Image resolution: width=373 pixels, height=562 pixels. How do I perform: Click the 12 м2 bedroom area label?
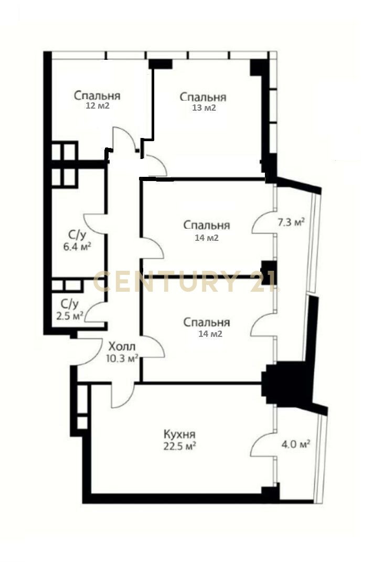tap(97, 106)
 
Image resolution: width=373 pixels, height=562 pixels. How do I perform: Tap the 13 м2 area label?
tap(204, 108)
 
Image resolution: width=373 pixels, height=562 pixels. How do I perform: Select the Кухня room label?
tap(179, 434)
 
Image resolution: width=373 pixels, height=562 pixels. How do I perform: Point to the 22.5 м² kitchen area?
tap(179, 446)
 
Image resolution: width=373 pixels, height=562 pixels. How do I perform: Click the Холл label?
tap(122, 346)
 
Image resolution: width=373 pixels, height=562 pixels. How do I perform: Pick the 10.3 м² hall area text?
tap(122, 358)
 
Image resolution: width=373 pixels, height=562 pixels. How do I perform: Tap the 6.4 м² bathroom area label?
tap(77, 247)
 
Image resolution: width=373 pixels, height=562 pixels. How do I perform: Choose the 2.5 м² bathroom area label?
tap(70, 316)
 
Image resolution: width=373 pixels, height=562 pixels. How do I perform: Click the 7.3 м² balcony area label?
tap(291, 222)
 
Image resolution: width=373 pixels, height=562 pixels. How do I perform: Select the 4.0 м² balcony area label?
tap(295, 444)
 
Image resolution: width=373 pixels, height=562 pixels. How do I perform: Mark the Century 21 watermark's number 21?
tap(263, 281)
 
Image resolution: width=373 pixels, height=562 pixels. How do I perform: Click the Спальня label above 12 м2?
tap(97, 96)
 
